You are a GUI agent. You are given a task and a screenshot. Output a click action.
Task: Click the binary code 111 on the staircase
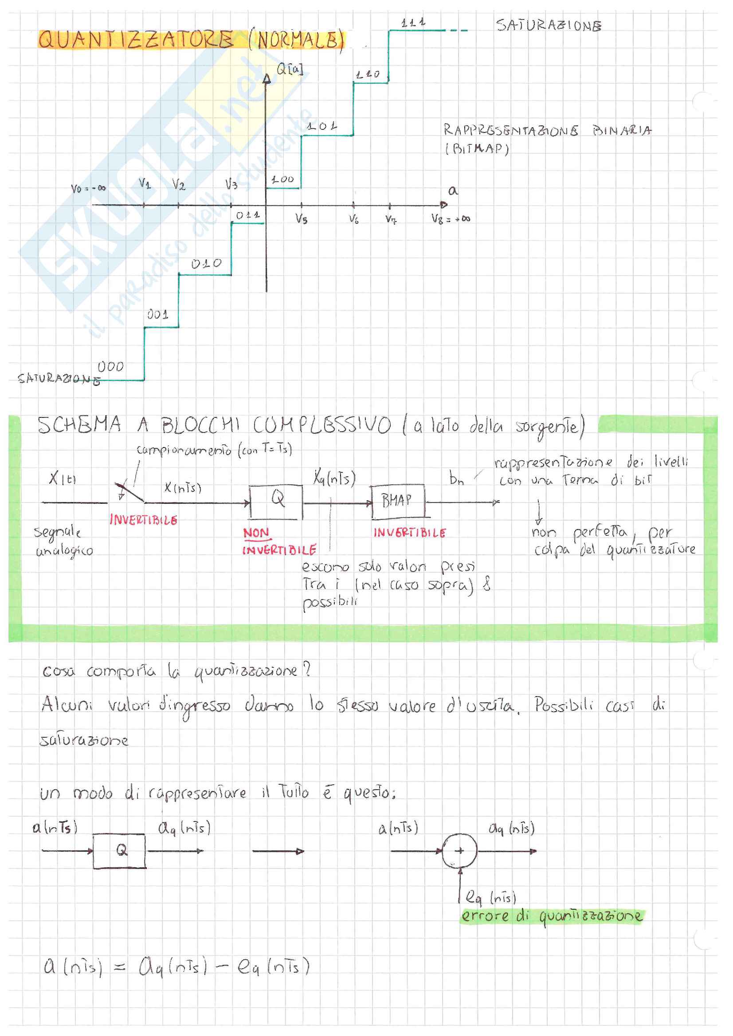tap(413, 23)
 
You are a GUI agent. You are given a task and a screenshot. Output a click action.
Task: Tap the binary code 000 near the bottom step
tap(111, 367)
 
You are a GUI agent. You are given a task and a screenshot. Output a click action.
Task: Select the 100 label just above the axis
tap(283, 179)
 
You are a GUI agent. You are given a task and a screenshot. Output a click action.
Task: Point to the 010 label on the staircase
tap(206, 264)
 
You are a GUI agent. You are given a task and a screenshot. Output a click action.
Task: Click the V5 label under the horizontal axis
tap(302, 219)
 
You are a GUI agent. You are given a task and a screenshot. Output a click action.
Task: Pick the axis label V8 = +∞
tap(450, 219)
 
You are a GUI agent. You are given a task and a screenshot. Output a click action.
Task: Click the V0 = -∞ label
tap(88, 189)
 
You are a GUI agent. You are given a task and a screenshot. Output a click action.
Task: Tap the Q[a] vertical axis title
tap(290, 70)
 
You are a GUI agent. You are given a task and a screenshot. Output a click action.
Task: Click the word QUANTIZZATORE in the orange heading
tap(136, 40)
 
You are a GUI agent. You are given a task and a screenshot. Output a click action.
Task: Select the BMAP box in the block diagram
tap(397, 501)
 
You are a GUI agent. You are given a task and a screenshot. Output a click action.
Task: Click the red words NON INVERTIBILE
tap(278, 541)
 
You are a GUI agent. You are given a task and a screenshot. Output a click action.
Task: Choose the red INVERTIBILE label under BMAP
tap(409, 533)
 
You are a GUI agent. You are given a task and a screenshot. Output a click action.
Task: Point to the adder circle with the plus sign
tap(459, 850)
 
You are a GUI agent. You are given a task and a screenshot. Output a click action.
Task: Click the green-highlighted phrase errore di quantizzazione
tap(551, 916)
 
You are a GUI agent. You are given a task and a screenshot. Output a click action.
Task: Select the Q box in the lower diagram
tap(120, 851)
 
